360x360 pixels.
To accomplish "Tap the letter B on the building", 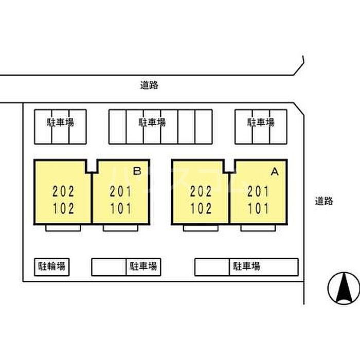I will click(x=137, y=172).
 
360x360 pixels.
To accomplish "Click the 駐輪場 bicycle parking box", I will click(x=52, y=266).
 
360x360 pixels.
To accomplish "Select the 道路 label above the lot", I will click(x=149, y=86).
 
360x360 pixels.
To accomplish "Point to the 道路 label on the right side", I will click(x=324, y=201).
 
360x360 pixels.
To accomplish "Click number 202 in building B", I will click(x=64, y=192).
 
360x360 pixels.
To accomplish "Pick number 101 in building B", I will click(x=121, y=209).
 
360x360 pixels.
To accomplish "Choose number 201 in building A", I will click(x=258, y=192).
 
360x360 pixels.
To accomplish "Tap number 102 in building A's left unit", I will click(x=201, y=209).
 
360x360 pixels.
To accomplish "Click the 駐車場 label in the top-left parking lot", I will click(x=61, y=123).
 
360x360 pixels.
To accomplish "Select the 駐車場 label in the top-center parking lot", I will click(x=152, y=123).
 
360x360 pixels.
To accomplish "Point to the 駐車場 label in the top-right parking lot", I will click(x=261, y=123).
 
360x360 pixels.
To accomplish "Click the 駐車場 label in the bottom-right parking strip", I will click(x=246, y=266).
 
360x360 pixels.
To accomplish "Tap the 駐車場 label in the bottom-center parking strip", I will click(x=143, y=266).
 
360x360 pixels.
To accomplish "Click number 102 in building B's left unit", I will click(x=64, y=209).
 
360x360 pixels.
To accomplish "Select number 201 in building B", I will click(x=121, y=192).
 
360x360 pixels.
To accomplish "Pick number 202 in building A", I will click(x=201, y=192).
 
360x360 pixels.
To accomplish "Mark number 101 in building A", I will click(x=258, y=209).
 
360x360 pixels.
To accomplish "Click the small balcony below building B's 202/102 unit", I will click(x=63, y=227).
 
